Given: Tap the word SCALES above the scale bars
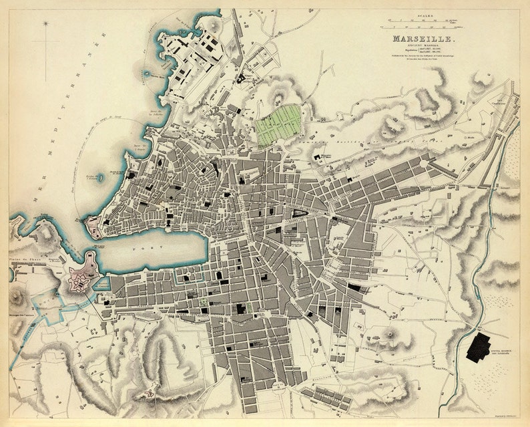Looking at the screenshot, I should (423, 17).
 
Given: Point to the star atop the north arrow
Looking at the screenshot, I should (45, 24).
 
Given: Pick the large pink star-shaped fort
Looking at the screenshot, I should (79, 280).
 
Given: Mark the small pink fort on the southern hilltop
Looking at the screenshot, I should (153, 388).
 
